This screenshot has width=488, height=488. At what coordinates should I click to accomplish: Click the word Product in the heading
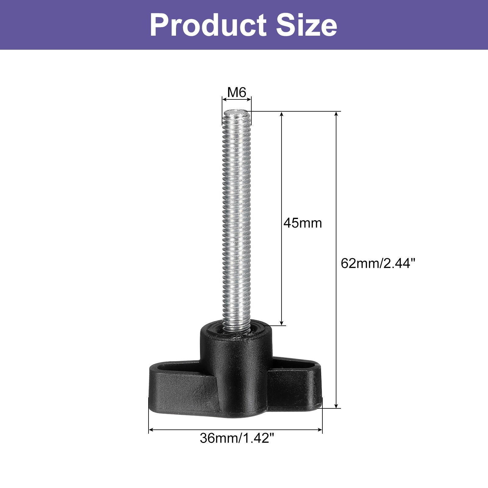208,25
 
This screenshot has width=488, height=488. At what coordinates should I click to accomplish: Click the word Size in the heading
307,25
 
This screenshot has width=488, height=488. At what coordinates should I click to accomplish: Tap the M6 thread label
237,92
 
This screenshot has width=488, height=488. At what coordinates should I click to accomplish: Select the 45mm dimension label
303,223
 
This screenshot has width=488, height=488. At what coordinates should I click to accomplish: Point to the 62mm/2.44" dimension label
378,263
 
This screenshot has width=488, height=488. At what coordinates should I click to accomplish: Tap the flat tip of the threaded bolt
237,112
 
